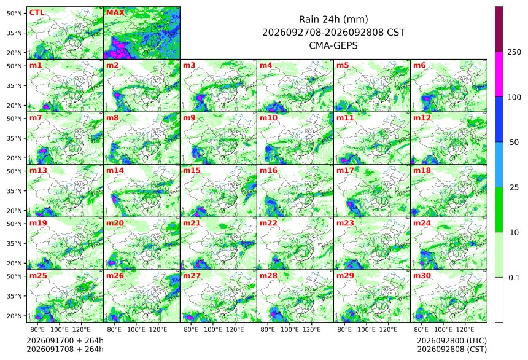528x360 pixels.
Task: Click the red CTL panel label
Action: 37,12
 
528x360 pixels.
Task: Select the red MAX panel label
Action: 115,12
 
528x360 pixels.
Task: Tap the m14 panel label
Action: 115,170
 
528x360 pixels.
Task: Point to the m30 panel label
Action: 422,275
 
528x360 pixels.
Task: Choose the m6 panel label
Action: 419,65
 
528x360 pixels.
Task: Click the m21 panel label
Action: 192,223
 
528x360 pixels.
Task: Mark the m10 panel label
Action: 268,117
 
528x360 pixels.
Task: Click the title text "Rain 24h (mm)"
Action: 333,19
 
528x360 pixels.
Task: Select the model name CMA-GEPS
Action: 333,45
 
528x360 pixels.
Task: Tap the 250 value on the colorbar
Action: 514,52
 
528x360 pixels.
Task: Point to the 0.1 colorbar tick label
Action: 514,278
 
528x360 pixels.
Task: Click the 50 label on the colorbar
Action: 514,143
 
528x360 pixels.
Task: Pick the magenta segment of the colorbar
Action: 499,74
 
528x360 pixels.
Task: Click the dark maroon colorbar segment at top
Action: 499,29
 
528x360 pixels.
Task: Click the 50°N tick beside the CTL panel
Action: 14,13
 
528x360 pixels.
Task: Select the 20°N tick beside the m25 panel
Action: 14,316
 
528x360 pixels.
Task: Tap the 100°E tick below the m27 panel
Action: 213,329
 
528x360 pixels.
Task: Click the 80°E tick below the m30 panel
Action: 421,329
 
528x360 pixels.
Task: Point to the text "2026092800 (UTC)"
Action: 452,340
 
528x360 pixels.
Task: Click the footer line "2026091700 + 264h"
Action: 65,340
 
